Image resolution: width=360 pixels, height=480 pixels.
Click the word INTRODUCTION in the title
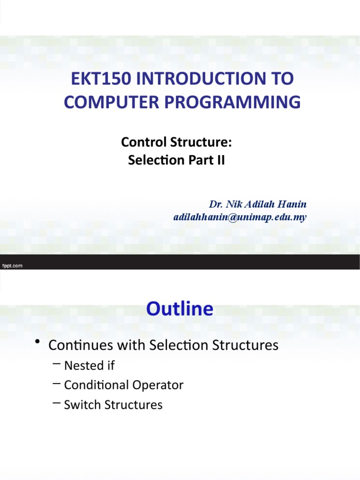pos(199,79)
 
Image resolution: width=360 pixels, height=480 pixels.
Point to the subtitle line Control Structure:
pos(177,142)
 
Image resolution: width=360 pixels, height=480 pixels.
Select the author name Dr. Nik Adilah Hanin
pos(258,204)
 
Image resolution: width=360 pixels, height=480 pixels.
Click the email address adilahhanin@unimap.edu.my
pos(240,217)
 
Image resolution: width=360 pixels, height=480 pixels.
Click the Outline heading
pos(180,309)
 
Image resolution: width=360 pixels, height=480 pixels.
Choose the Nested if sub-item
pos(89,365)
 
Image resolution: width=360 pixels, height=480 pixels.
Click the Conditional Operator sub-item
pos(123,385)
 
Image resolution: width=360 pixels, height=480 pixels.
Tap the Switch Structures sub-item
pos(113,405)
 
